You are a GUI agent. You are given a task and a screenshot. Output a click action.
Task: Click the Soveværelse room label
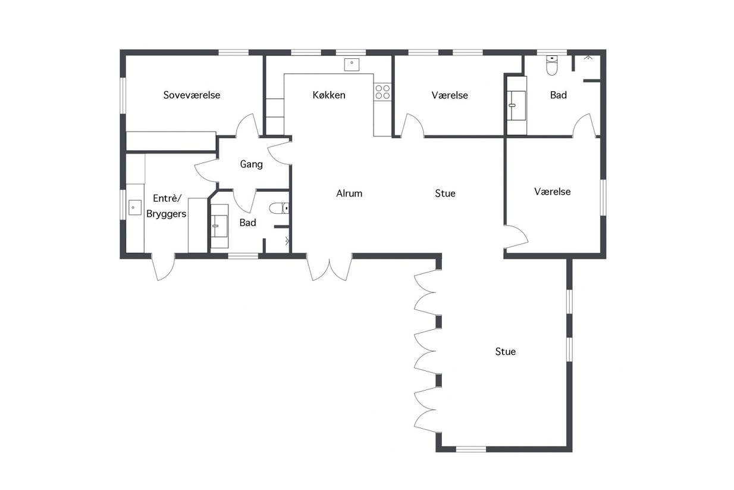[192, 95]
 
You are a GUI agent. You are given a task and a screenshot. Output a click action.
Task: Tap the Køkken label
[329, 95]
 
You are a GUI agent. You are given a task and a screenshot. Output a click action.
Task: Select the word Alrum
[349, 193]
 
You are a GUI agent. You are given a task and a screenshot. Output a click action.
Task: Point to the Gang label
[252, 164]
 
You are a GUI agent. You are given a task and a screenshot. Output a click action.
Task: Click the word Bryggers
[166, 214]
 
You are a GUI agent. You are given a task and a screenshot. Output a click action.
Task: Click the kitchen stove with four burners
[382, 92]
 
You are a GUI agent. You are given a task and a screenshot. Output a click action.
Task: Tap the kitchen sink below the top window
[352, 65]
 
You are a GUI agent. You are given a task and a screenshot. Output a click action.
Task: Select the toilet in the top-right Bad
[552, 65]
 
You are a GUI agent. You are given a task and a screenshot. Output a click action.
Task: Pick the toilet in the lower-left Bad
[279, 208]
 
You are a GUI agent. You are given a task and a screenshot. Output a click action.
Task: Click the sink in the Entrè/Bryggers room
[134, 207]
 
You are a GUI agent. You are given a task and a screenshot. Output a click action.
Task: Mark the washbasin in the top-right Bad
[516, 105]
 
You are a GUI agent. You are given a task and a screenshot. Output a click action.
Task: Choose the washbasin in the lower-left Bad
[219, 226]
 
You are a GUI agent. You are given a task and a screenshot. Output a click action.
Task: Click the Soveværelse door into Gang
[247, 126]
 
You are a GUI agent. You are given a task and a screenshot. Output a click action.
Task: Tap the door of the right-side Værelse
[516, 237]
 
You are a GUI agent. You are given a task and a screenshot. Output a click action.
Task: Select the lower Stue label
[505, 352]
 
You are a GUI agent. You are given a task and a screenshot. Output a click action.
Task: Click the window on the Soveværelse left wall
[123, 95]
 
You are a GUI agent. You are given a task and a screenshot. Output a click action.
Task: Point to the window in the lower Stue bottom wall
[471, 449]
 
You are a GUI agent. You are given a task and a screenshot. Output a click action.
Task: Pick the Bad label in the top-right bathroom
[559, 95]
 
